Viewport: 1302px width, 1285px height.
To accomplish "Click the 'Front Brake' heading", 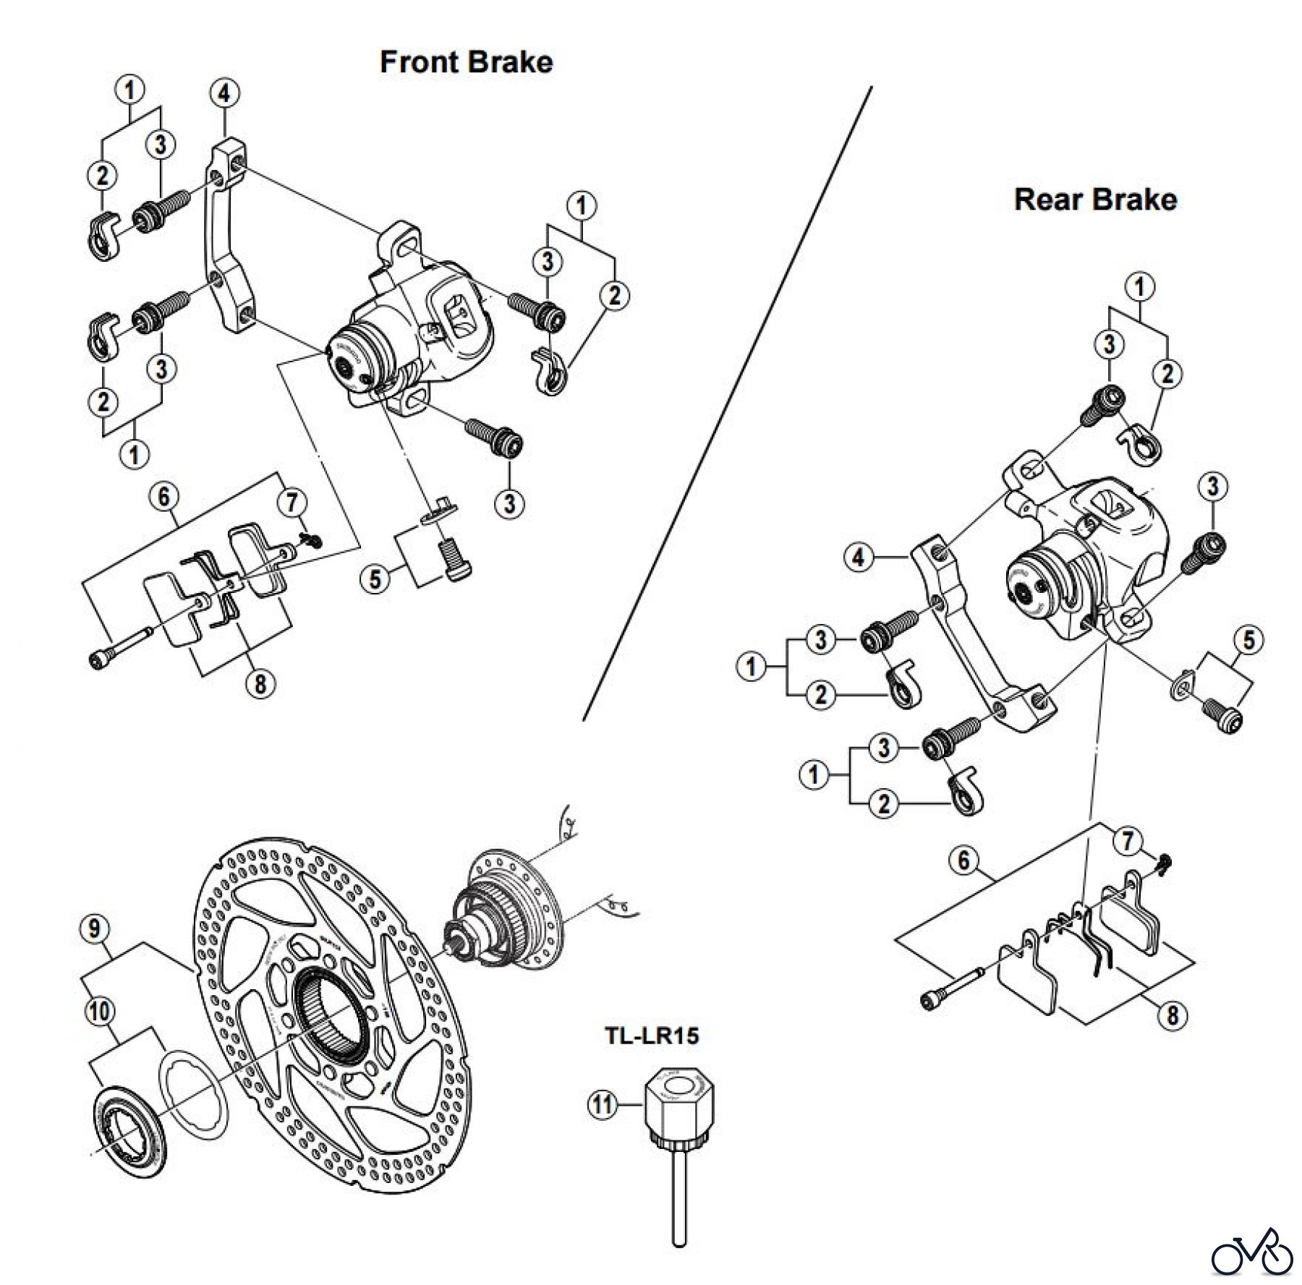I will click(466, 62).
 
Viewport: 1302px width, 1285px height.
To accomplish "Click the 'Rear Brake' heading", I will click(1095, 200).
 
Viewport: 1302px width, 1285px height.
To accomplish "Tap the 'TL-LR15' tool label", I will click(652, 1036).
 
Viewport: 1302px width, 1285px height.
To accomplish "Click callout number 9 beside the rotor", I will click(95, 929).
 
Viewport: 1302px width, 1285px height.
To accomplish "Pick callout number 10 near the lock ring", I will click(100, 1011).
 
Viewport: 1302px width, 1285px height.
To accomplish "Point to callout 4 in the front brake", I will click(224, 94).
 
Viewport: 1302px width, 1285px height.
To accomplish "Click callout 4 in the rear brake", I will click(859, 558).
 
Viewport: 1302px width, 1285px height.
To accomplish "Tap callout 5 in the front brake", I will click(375, 579).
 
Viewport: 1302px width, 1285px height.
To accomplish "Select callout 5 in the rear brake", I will click(1249, 640).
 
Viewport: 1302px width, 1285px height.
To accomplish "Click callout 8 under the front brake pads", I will click(260, 683).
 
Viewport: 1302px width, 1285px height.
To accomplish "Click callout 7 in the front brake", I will click(293, 503).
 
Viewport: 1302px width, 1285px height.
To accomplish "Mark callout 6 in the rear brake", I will click(964, 861).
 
